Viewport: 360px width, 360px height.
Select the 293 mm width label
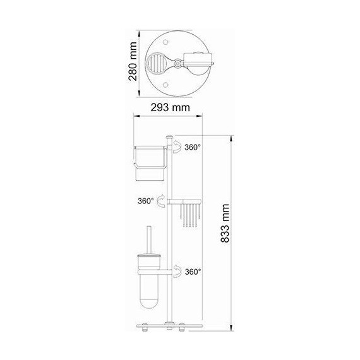(171, 108)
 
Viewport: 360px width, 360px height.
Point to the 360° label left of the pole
(146, 201)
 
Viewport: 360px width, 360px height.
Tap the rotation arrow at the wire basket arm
(162, 201)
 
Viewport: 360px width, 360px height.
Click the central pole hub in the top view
(179, 63)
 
